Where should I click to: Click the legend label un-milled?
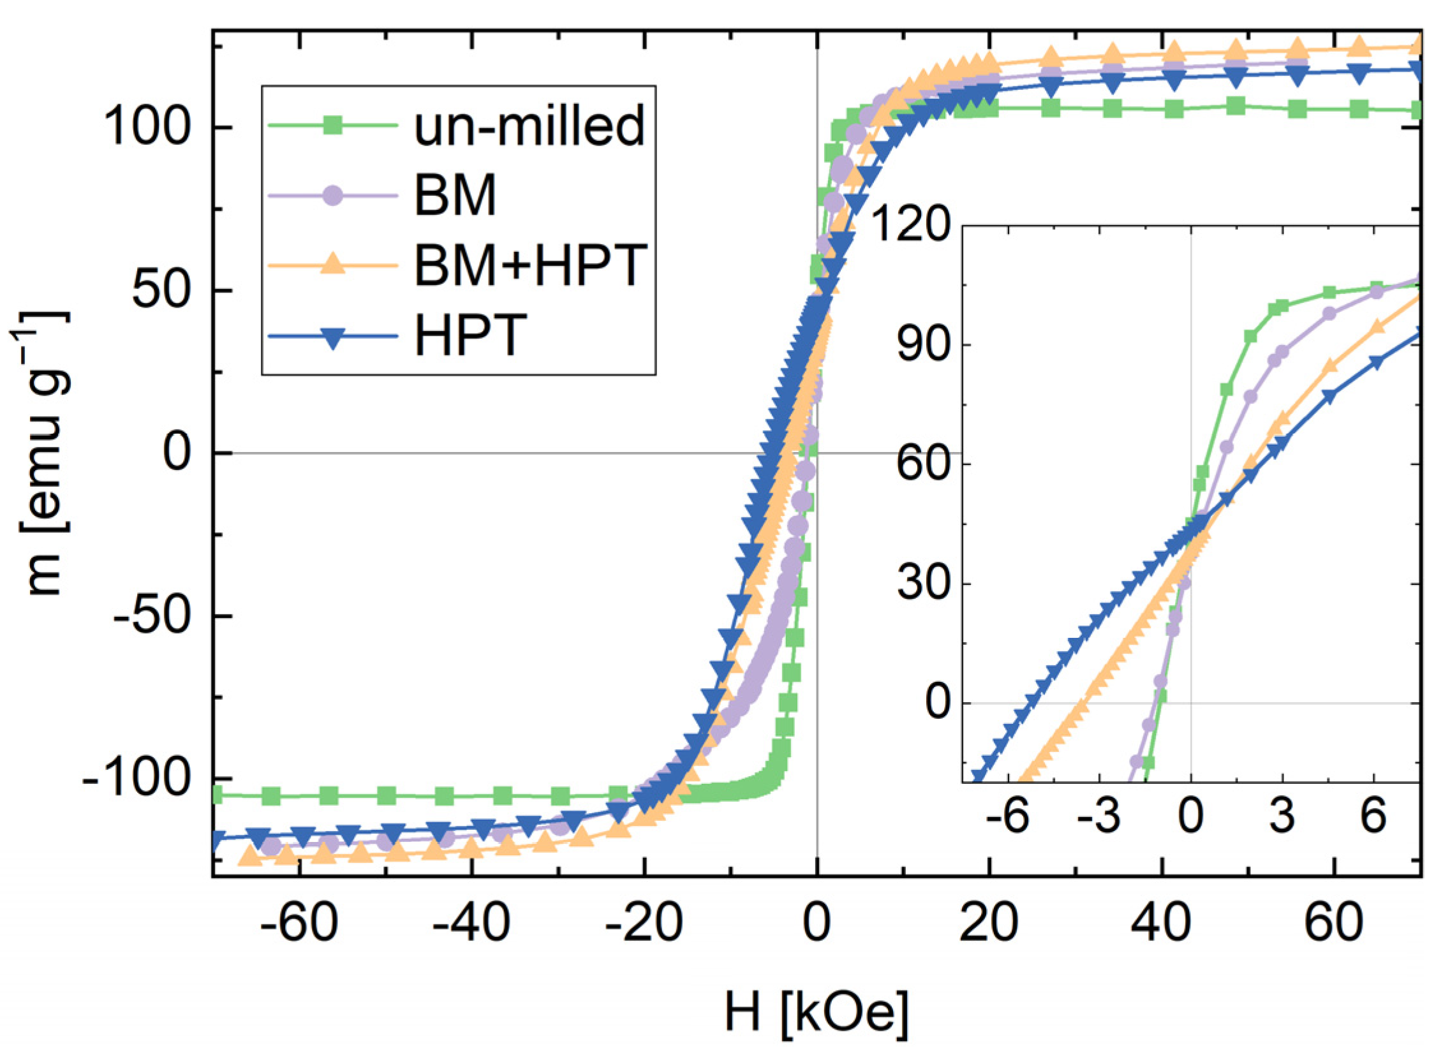pyautogui.click(x=529, y=125)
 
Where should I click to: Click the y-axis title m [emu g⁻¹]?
pyautogui.click(x=42, y=454)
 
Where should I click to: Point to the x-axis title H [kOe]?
pyautogui.click(x=816, y=1011)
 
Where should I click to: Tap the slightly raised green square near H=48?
pyautogui.click(x=1236, y=106)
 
